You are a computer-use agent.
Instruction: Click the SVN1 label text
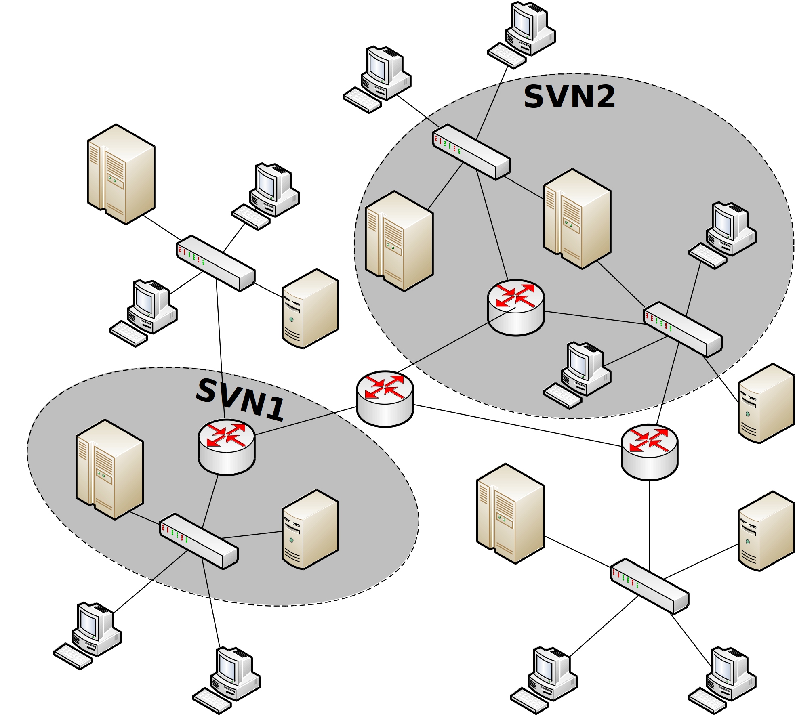click(240, 400)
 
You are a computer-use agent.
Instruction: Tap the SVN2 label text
click(569, 97)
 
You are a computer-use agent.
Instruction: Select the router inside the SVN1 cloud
click(227, 447)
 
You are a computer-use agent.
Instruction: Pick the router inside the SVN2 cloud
click(516, 307)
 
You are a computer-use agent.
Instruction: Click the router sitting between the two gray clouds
click(385, 399)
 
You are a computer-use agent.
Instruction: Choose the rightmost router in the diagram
click(650, 452)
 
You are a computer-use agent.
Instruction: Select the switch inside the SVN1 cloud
click(199, 541)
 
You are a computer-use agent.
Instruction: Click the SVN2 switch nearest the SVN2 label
click(471, 152)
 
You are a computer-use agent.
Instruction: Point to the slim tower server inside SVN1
click(310, 529)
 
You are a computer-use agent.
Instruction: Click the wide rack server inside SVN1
click(109, 469)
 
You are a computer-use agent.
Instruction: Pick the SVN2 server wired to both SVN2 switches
click(577, 218)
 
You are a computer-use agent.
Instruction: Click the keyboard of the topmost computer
click(507, 56)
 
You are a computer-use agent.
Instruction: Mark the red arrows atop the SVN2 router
click(515, 295)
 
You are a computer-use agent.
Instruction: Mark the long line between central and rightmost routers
click(517, 426)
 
